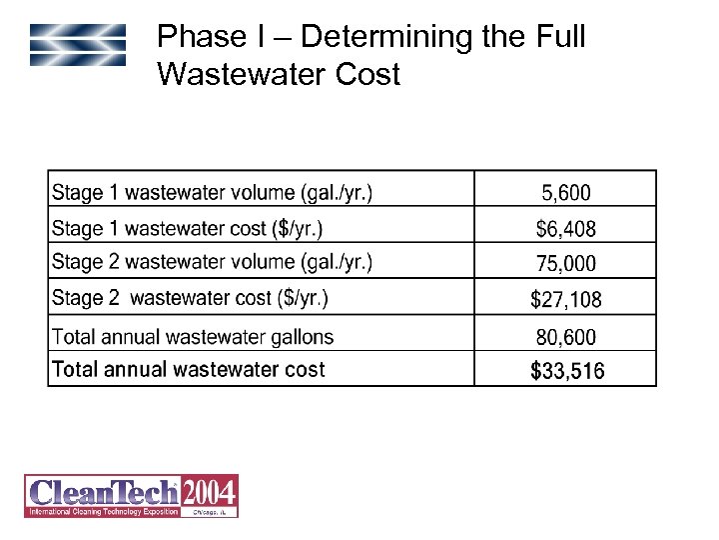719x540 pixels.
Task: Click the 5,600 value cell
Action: [566, 192]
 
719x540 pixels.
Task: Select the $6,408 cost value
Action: [566, 229]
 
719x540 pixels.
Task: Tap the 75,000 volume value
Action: [566, 264]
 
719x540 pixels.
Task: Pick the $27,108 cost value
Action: [566, 299]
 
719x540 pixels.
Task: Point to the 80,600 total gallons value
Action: [566, 338]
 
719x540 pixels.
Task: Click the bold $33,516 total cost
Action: [566, 371]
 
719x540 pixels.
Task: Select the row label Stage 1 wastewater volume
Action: [212, 191]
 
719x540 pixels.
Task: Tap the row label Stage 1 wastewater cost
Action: [187, 228]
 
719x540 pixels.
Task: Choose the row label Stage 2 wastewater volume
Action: [212, 262]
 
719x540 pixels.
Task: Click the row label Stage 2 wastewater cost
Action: [190, 297]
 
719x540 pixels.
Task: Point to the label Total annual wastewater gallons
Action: [193, 337]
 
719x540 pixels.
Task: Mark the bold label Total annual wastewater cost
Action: [189, 369]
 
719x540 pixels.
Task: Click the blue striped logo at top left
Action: [78, 45]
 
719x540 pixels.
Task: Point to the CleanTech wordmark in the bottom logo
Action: [103, 492]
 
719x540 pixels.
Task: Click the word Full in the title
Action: [557, 38]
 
